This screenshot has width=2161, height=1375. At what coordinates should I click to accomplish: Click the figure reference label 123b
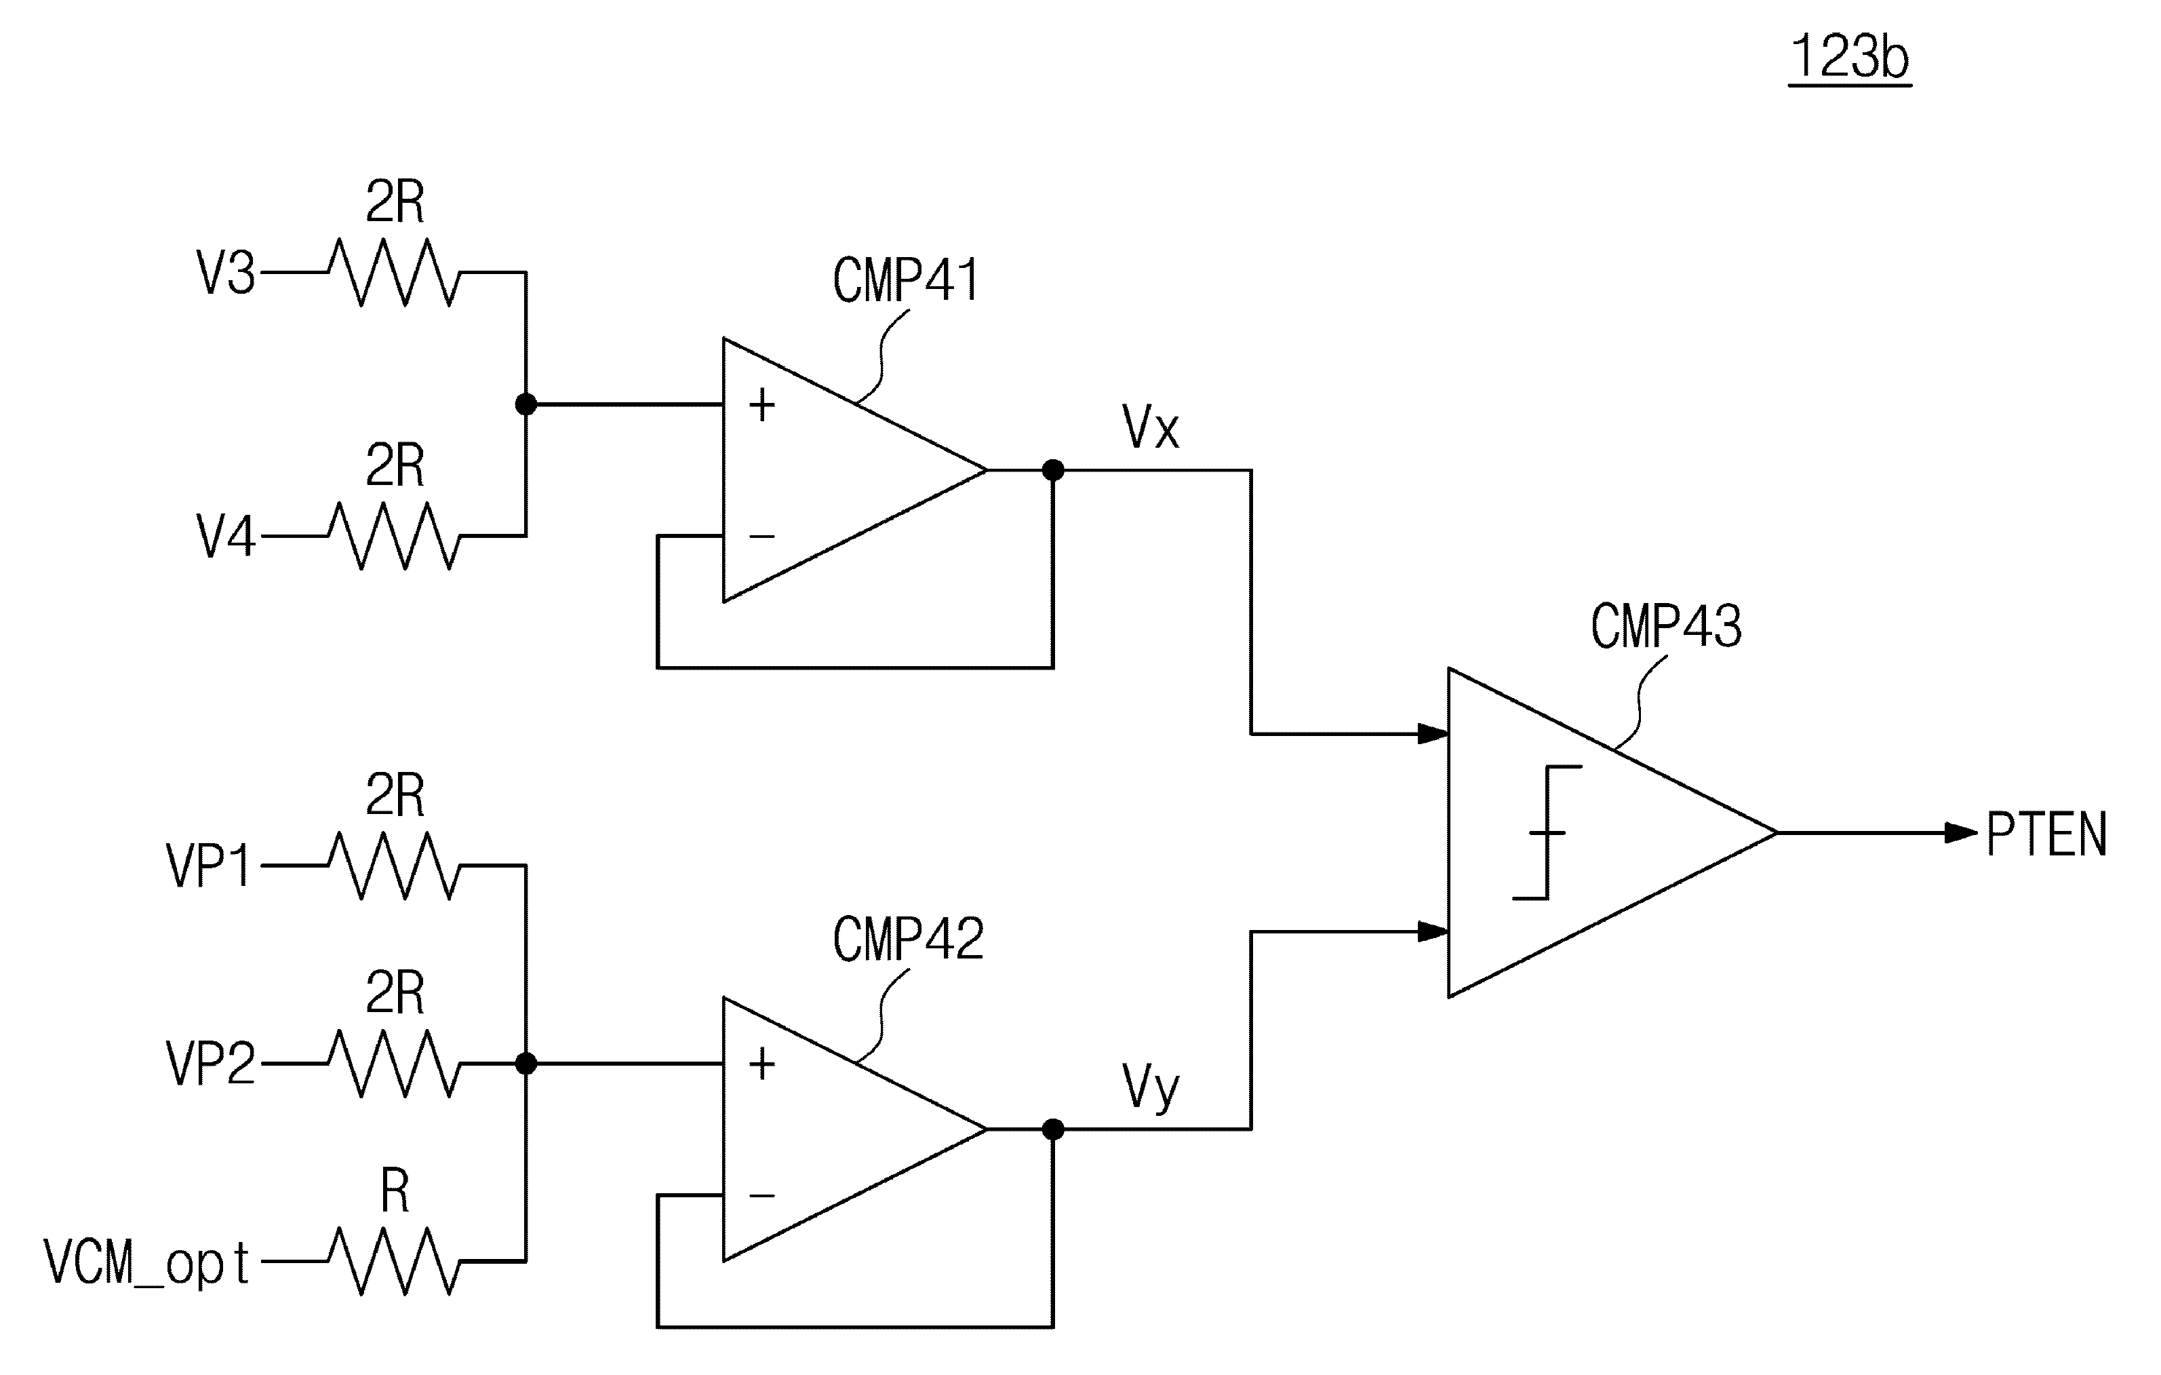tap(1850, 58)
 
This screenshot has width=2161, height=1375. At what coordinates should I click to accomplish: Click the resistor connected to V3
tap(394, 272)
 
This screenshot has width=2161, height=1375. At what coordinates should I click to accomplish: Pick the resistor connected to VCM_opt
tap(394, 1261)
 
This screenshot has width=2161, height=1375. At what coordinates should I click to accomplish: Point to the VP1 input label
tap(208, 866)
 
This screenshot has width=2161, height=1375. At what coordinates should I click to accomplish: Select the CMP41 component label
tap(907, 280)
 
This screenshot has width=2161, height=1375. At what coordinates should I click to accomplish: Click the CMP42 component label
tap(908, 939)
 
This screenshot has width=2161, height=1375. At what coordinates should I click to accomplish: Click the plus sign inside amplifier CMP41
tap(762, 405)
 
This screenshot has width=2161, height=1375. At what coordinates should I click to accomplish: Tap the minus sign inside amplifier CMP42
tap(762, 1195)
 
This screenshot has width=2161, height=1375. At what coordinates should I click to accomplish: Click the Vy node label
tap(1151, 1089)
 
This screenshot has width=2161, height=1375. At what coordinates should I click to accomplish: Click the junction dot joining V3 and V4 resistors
tap(526, 405)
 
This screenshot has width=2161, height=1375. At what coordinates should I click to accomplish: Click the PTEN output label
tap(2047, 834)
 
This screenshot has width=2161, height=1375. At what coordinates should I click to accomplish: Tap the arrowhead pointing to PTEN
tap(1962, 833)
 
